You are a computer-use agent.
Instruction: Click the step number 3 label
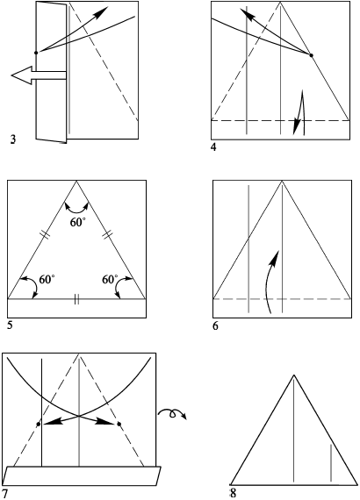pyautogui.click(x=13, y=139)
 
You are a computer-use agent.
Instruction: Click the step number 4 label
pyautogui.click(x=213, y=147)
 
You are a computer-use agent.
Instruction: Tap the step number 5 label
pyautogui.click(x=10, y=326)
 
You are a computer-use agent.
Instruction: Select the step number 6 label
pyautogui.click(x=216, y=326)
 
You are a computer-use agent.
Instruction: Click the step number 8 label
pyautogui.click(x=233, y=493)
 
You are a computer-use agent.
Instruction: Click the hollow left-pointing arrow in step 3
pyautogui.click(x=39, y=75)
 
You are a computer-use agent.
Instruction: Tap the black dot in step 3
pyautogui.click(x=36, y=53)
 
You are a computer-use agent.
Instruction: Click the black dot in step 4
pyautogui.click(x=311, y=55)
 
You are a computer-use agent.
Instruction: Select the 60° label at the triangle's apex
pyautogui.click(x=78, y=222)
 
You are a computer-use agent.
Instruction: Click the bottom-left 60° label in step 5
pyautogui.click(x=47, y=279)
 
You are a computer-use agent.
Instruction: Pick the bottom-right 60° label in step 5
pyautogui.click(x=110, y=279)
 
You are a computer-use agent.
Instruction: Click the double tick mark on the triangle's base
pyautogui.click(x=76, y=299)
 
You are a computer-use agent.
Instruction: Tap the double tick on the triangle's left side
pyautogui.click(x=46, y=235)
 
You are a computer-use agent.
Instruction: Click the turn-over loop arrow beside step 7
pyautogui.click(x=172, y=414)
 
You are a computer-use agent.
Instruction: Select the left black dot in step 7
pyautogui.click(x=39, y=424)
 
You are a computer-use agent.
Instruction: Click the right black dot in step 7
pyautogui.click(x=119, y=424)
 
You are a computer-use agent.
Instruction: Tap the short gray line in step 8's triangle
pyautogui.click(x=331, y=462)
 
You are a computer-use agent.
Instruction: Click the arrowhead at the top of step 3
pyautogui.click(x=103, y=11)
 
